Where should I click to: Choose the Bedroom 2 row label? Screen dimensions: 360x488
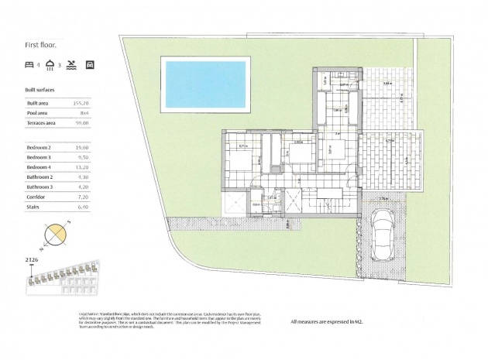tap(40, 146)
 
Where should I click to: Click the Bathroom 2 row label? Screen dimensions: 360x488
tap(40, 177)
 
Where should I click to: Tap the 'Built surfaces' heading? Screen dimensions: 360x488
tap(43, 90)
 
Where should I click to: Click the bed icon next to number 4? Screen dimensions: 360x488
tap(29, 63)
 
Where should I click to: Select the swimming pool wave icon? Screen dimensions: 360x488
tap(70, 63)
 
